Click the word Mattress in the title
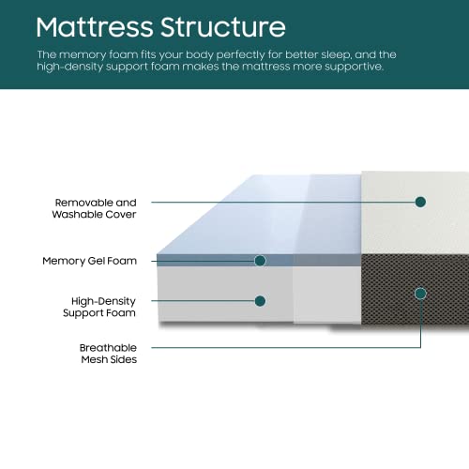95,27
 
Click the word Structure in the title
223,27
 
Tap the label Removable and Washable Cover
94,208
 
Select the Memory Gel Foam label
90,261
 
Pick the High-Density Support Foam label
99,307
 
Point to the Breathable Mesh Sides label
108,354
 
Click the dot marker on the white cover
420,202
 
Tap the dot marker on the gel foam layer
260,261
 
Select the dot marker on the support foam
260,301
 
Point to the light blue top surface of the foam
260,216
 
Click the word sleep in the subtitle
336,55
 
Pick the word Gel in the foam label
96,261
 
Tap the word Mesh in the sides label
93,359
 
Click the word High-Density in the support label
103,301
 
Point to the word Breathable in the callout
108,348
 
